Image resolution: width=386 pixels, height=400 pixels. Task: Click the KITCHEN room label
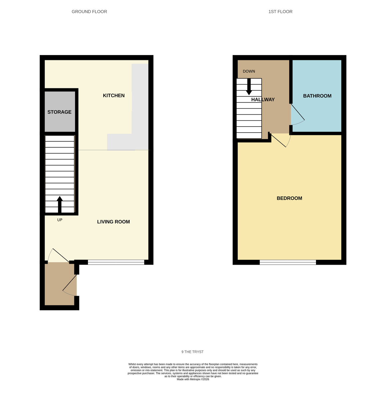click(114, 96)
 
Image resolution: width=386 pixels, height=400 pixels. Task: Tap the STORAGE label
click(59, 112)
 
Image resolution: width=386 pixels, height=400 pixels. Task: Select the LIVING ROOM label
click(113, 222)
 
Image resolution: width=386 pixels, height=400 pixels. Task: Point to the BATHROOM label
click(317, 96)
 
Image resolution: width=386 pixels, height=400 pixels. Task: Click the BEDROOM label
click(289, 198)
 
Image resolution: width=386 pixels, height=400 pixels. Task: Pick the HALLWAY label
click(263, 100)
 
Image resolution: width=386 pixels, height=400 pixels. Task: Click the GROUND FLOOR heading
click(89, 12)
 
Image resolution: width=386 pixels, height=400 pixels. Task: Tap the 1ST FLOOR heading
click(280, 12)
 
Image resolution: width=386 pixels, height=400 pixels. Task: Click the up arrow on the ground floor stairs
click(60, 204)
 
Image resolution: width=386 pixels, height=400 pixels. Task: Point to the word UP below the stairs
click(60, 220)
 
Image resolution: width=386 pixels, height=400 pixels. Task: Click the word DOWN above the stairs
click(249, 71)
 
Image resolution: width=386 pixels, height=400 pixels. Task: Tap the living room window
click(116, 262)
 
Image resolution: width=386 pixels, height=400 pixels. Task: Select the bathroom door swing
click(298, 115)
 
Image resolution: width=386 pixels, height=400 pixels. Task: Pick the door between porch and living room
click(58, 256)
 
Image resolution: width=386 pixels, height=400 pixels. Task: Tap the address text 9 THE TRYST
click(192, 352)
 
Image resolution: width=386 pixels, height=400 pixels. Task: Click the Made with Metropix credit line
click(193, 379)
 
